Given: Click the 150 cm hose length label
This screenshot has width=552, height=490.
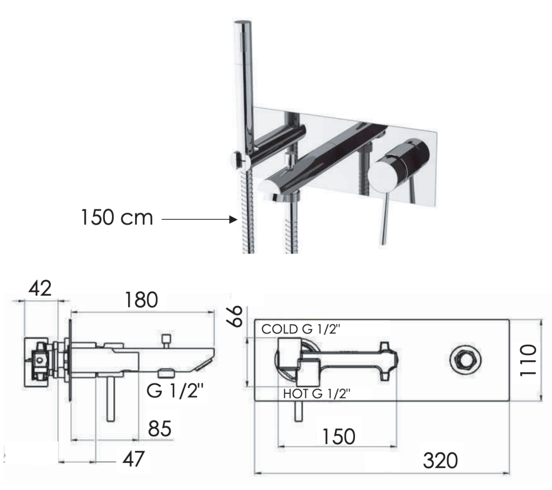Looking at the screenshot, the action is pyautogui.click(x=117, y=217).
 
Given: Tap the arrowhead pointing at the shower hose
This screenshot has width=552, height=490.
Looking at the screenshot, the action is pyautogui.click(x=233, y=219).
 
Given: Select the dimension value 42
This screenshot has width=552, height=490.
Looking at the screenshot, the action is pyautogui.click(x=40, y=288).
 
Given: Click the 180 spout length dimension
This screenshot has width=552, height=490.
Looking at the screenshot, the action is pyautogui.click(x=141, y=300).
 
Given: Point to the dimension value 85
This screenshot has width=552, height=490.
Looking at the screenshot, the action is pyautogui.click(x=160, y=429).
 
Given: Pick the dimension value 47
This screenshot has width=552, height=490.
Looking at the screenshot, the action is pyautogui.click(x=133, y=459).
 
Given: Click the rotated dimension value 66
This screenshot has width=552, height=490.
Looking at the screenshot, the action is pyautogui.click(x=235, y=316).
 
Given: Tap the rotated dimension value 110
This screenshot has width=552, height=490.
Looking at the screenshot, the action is pyautogui.click(x=528, y=360).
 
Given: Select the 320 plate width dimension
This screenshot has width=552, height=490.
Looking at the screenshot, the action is pyautogui.click(x=440, y=460).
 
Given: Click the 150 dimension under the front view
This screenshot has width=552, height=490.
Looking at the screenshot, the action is pyautogui.click(x=339, y=436).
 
